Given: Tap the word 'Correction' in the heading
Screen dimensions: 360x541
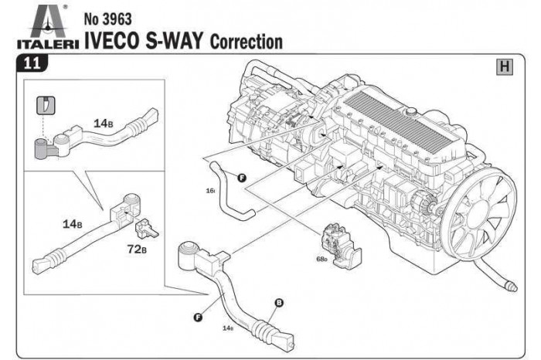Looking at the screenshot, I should coord(247,41).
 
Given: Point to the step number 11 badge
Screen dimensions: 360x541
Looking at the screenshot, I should coord(32,66).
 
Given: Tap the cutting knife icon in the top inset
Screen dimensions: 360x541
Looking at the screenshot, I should coord(46,104).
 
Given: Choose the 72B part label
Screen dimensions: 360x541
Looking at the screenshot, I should coord(138,250).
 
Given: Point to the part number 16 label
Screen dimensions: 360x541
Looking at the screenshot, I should coord(209,189).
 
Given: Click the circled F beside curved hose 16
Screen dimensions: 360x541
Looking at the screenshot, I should coord(242,178).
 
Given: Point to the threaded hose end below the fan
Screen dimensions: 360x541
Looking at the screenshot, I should coord(509,287).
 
